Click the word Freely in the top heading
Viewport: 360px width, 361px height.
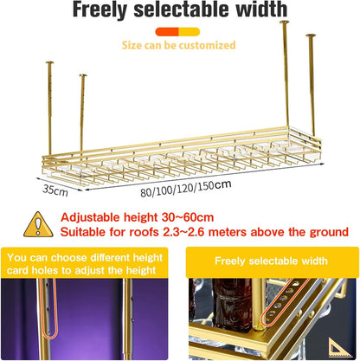[100, 10]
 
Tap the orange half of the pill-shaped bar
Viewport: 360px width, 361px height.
[167, 32]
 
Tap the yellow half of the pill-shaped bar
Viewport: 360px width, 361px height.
[190, 32]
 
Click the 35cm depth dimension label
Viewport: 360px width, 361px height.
[55, 190]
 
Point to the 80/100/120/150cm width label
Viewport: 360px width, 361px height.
[186, 189]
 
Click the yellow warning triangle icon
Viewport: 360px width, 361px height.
[38, 224]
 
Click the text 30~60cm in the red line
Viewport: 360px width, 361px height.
[188, 217]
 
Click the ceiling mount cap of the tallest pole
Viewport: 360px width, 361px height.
[284, 22]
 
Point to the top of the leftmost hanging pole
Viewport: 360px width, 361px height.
[49, 62]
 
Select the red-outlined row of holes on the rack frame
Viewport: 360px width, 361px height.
[286, 302]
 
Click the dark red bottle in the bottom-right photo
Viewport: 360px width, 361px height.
[232, 305]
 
